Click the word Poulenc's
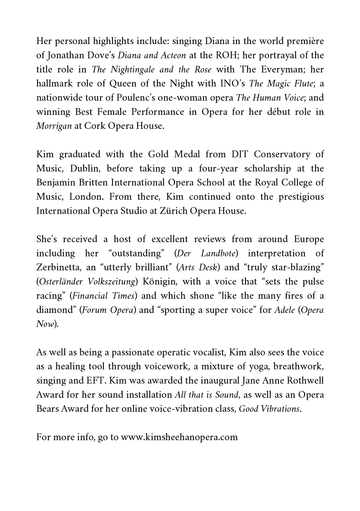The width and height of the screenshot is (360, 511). pyautogui.click(x=133, y=98)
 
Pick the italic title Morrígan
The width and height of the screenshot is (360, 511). pyautogui.click(x=54, y=126)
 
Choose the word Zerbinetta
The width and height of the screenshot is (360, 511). pyautogui.click(x=59, y=267)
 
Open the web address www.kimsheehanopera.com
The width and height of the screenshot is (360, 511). pyautogui.click(x=179, y=437)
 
